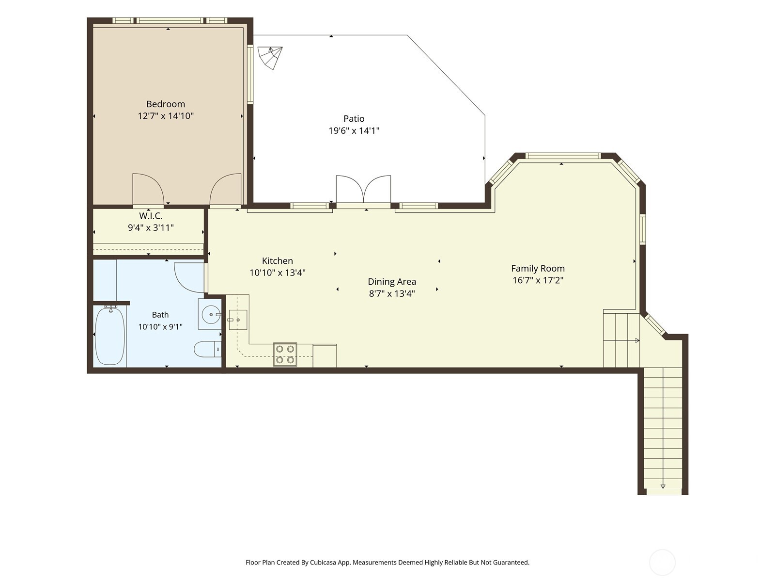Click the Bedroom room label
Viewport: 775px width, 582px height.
pyautogui.click(x=166, y=104)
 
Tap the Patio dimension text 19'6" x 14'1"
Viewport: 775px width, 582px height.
pyautogui.click(x=354, y=131)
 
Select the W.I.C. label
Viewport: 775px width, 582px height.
pyautogui.click(x=151, y=215)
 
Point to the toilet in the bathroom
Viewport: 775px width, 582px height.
pyautogui.click(x=208, y=349)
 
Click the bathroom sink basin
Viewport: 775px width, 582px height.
pyautogui.click(x=211, y=314)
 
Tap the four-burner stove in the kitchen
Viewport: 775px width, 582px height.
pyautogui.click(x=285, y=355)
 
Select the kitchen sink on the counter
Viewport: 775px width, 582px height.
pyautogui.click(x=238, y=320)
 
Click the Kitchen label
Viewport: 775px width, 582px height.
pyautogui.click(x=277, y=261)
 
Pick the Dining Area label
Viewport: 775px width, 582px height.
pyautogui.click(x=392, y=282)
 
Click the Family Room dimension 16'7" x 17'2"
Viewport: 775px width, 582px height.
pyautogui.click(x=538, y=280)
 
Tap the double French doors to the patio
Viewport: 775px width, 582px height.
pyautogui.click(x=363, y=190)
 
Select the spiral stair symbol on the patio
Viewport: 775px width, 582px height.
pyautogui.click(x=270, y=58)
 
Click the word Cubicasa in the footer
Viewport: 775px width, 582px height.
pyautogui.click(x=324, y=562)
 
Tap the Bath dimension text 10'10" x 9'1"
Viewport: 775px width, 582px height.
pyautogui.click(x=160, y=326)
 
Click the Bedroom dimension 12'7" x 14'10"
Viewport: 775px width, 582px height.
pyautogui.click(x=166, y=116)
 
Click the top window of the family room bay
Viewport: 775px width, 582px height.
pyautogui.click(x=563, y=156)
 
